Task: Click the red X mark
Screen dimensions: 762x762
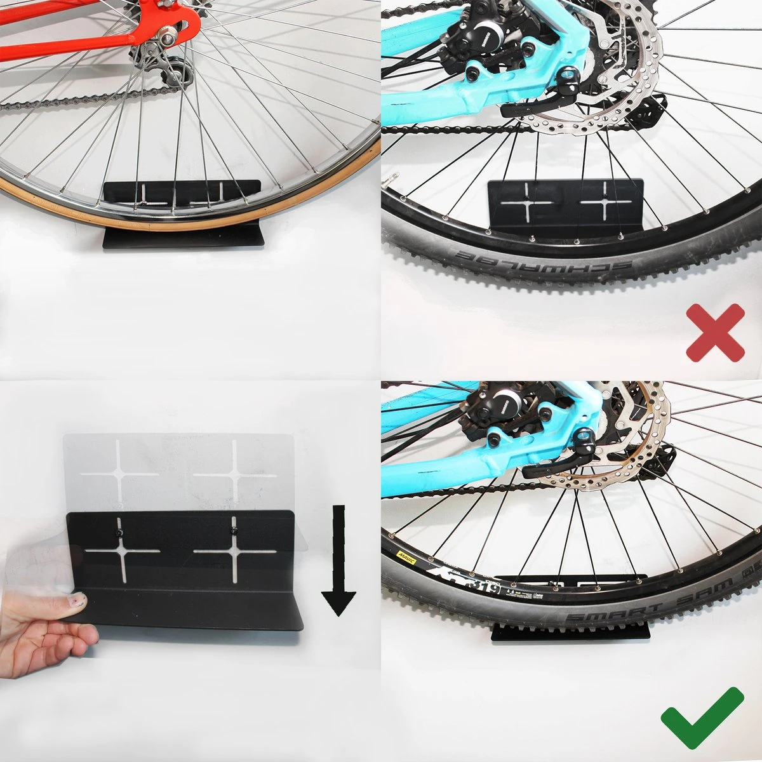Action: coord(714,331)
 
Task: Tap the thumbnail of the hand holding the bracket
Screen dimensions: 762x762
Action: coord(77,599)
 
